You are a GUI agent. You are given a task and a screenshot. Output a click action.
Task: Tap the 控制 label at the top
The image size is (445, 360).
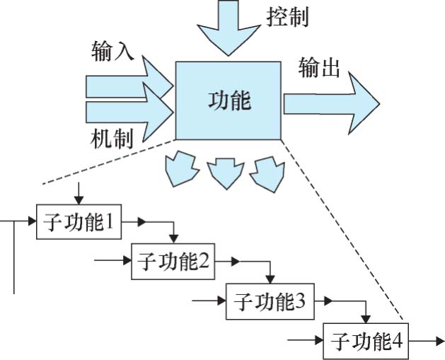click(x=288, y=16)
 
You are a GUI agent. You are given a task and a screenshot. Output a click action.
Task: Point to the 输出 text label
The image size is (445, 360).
click(x=320, y=69)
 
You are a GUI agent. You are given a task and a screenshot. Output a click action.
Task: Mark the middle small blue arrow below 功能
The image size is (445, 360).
click(x=224, y=170)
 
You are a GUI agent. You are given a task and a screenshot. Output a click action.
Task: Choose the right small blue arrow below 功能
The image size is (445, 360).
click(x=268, y=170)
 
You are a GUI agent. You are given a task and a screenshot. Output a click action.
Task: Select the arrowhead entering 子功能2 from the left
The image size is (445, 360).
click(x=127, y=262)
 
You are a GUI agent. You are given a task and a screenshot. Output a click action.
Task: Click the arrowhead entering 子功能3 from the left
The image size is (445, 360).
click(x=221, y=302)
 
